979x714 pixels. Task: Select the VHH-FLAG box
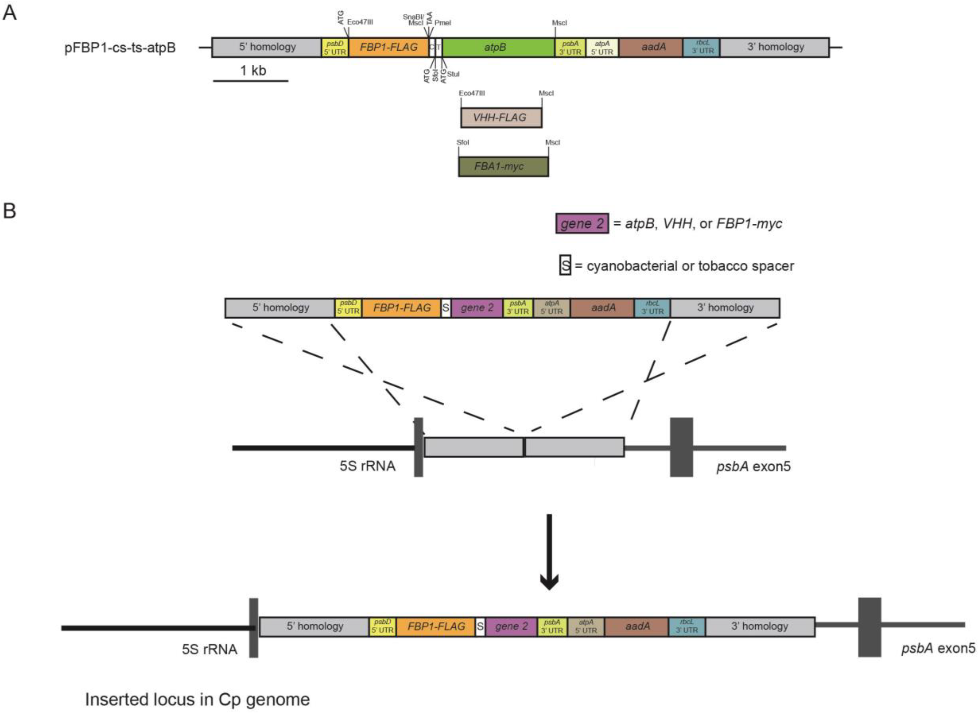501,118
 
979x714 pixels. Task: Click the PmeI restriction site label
443,23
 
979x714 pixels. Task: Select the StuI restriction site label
453,74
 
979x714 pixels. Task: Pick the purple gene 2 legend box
582,224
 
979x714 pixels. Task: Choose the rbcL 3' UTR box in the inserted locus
687,626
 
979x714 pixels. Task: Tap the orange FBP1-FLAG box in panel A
388,47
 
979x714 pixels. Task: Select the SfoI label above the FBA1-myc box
463,142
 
